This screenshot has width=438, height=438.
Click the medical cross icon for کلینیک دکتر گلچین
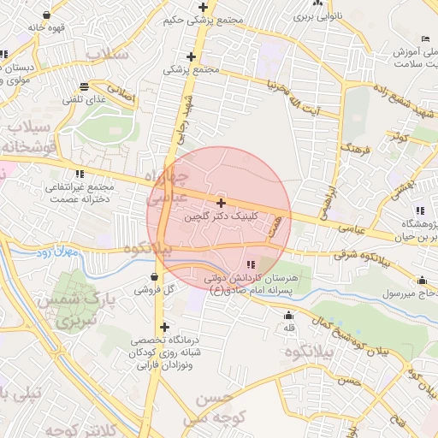[222, 203]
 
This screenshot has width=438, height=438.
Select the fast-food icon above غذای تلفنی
[84, 86]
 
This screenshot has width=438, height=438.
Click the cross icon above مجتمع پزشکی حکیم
[203, 7]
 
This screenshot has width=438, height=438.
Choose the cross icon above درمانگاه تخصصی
[164, 327]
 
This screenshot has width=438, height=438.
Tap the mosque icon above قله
[287, 315]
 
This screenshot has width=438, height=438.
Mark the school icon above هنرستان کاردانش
[251, 265]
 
